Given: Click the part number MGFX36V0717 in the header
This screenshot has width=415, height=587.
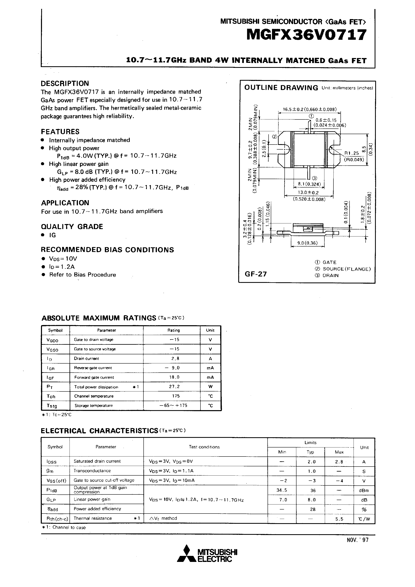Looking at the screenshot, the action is [x=306, y=35].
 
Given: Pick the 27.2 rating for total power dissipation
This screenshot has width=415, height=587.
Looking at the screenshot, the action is [x=174, y=387].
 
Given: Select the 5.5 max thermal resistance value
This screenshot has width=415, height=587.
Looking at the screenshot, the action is [x=339, y=519].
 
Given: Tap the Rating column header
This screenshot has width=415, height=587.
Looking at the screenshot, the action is [x=174, y=330].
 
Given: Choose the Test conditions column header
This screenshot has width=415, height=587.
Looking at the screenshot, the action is [x=204, y=447].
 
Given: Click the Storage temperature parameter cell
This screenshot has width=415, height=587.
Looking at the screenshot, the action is [x=94, y=406].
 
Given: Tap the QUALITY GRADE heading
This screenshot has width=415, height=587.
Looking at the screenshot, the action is [x=72, y=226].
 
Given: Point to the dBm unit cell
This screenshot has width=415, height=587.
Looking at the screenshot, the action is [x=364, y=490].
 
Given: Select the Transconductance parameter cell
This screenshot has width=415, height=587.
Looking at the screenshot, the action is [x=92, y=471].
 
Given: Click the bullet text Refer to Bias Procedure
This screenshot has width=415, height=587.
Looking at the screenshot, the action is [x=82, y=275].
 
